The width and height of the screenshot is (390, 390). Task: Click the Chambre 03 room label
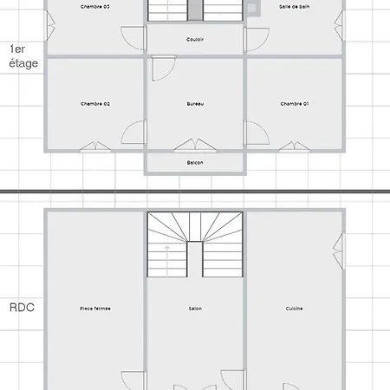click(95, 7)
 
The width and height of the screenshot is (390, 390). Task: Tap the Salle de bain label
click(295, 7)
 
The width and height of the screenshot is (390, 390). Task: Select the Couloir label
click(195, 39)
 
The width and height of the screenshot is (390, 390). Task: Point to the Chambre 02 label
click(95, 104)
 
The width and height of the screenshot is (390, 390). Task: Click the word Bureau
click(195, 104)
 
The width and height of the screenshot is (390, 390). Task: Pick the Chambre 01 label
click(295, 104)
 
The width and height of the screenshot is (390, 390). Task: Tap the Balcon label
click(195, 163)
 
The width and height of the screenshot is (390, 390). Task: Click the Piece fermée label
click(95, 309)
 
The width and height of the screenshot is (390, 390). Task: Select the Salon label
click(195, 309)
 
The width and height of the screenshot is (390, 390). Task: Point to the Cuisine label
click(295, 309)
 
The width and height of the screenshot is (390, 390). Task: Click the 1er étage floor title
click(23, 56)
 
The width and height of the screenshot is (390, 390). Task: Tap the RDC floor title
click(22, 308)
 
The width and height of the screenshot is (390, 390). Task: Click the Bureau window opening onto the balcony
click(195, 146)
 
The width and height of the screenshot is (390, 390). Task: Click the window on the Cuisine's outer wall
click(339, 251)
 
